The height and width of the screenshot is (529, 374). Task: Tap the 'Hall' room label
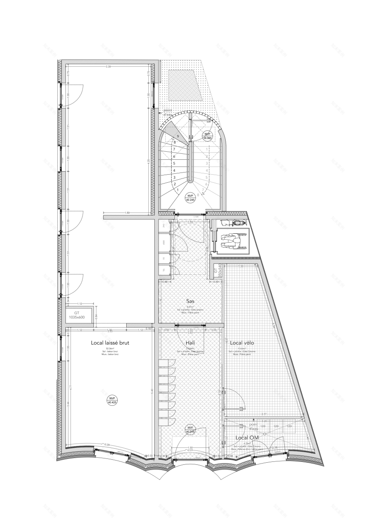(x=190, y=342)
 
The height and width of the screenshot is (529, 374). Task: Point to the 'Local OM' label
(x=247, y=437)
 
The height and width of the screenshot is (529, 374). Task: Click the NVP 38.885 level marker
(x=207, y=136)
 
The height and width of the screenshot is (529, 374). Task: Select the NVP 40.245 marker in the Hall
(x=190, y=429)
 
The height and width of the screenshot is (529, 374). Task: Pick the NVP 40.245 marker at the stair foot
(x=190, y=196)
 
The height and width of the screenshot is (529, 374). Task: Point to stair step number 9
(x=178, y=136)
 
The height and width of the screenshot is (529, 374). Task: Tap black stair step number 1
(x=178, y=190)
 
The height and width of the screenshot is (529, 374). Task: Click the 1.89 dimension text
(x=127, y=212)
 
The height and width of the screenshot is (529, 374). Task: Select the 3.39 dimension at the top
(x=108, y=67)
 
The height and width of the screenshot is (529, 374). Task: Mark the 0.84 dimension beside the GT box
(x=96, y=315)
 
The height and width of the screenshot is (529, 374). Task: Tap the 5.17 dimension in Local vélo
(x=264, y=414)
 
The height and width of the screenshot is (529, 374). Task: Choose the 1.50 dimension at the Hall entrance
(x=190, y=448)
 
